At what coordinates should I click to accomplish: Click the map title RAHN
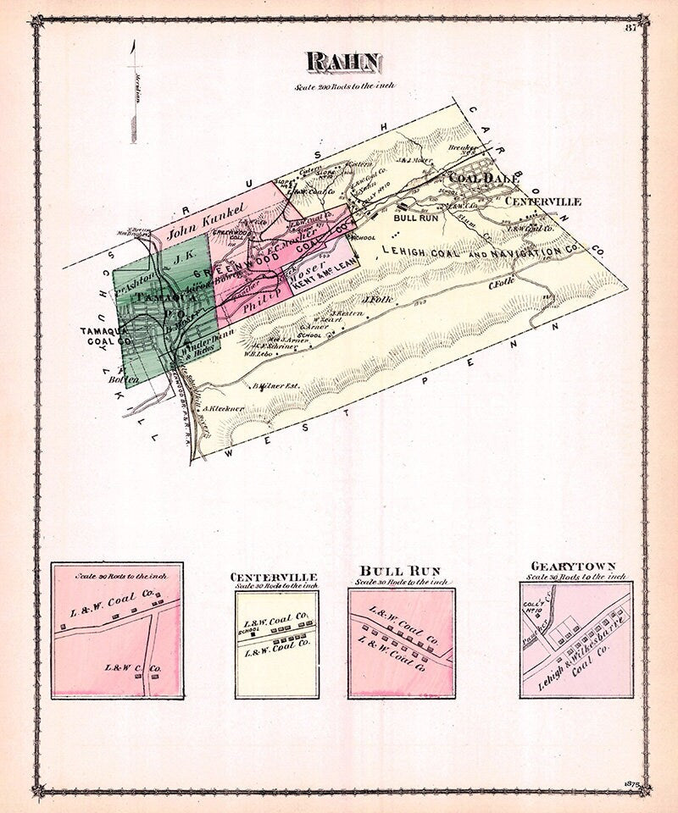pos(343,62)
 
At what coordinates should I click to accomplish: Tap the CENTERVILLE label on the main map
pos(543,202)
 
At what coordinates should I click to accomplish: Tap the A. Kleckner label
pos(224,409)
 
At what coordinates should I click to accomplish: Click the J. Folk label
pos(375,299)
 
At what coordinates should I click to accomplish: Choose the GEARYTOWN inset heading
pos(574,566)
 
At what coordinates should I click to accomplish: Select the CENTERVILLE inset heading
pos(274,577)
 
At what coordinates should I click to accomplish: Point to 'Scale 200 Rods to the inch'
pos(343,86)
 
